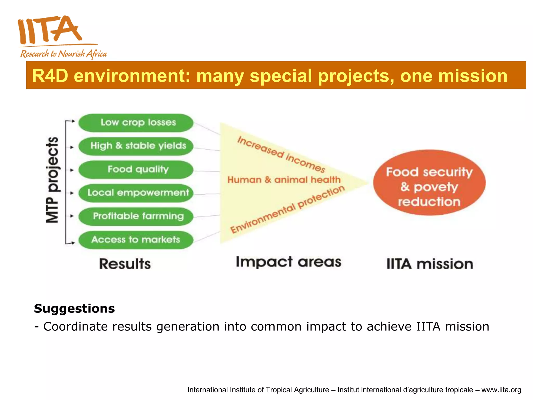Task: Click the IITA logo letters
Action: tap(49, 30)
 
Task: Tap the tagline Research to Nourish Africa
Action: tap(64, 54)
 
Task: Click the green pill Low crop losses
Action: tap(136, 123)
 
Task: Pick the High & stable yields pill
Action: tap(136, 146)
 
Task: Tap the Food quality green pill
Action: tap(136, 170)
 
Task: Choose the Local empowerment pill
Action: tap(136, 193)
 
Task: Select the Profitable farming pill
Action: tap(136, 216)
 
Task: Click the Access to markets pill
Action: tap(136, 240)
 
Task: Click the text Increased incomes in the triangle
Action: tap(281, 154)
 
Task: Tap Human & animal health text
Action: tap(284, 180)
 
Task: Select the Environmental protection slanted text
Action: tap(287, 210)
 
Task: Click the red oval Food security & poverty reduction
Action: tap(429, 183)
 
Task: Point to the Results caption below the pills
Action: tap(125, 264)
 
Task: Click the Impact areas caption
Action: tap(288, 262)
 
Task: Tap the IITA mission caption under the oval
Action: tap(429, 264)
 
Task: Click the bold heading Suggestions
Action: tap(74, 309)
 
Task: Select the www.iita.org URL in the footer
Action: tap(501, 390)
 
